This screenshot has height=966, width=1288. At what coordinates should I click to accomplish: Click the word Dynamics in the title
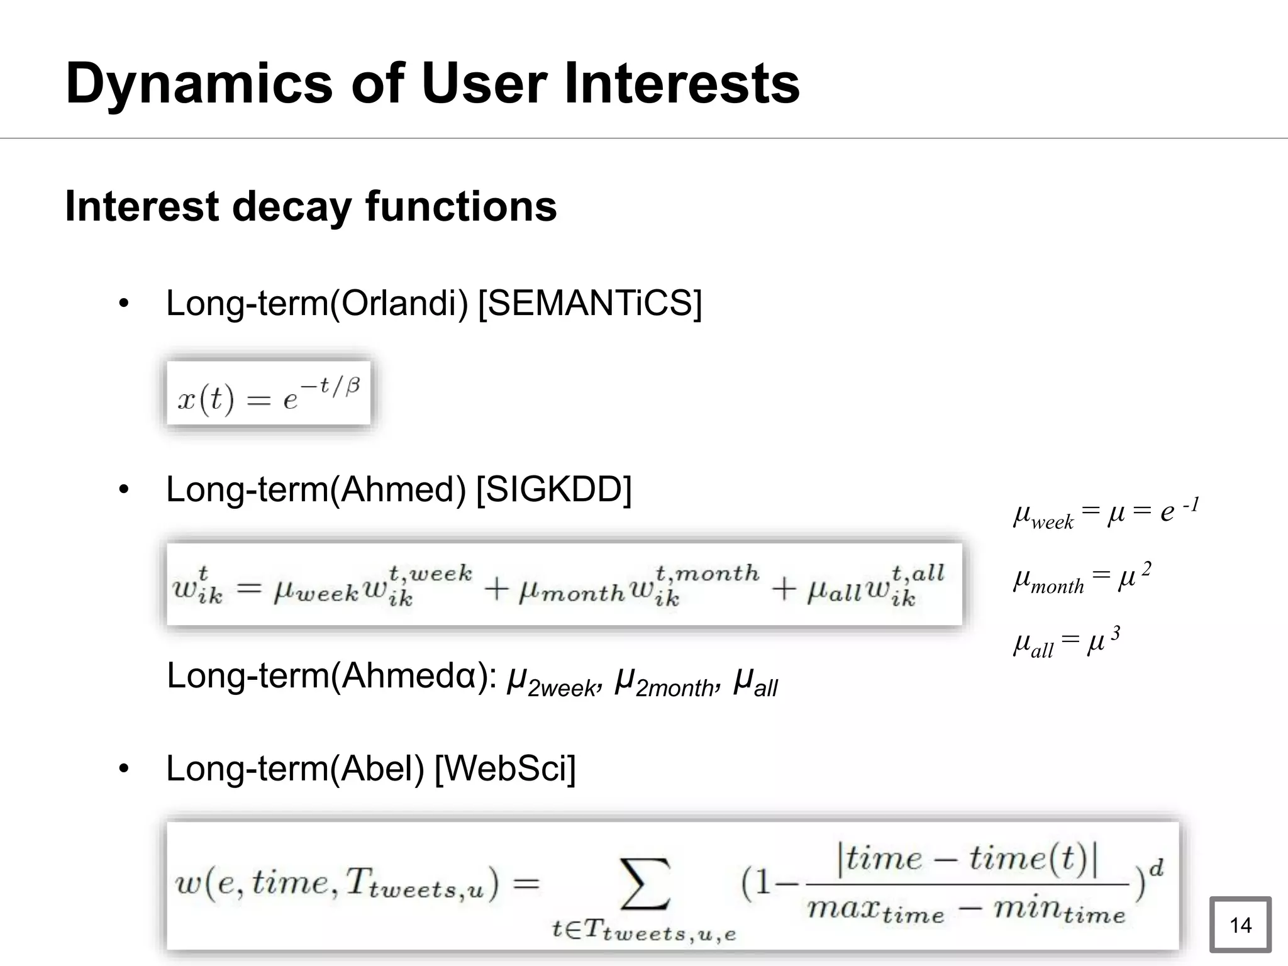pyautogui.click(x=199, y=84)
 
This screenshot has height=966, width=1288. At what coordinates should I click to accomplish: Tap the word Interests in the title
pyautogui.click(x=682, y=84)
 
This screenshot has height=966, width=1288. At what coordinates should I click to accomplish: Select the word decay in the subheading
pyautogui.click(x=292, y=206)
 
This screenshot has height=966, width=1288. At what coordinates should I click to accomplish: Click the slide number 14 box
pyautogui.click(x=1240, y=924)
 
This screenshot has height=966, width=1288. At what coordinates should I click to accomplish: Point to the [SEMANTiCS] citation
pyautogui.click(x=590, y=304)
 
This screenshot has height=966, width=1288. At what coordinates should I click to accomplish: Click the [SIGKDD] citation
pyautogui.click(x=553, y=489)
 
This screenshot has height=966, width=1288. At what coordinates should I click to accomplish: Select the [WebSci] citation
pyautogui.click(x=505, y=769)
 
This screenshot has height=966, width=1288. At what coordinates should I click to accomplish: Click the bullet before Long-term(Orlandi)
pyautogui.click(x=124, y=304)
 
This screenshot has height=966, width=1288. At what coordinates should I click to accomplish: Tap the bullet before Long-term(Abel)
pyautogui.click(x=124, y=769)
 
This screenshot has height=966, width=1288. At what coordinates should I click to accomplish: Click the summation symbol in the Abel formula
pyautogui.click(x=645, y=884)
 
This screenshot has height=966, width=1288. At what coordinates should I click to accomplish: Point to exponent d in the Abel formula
pyautogui.click(x=1156, y=869)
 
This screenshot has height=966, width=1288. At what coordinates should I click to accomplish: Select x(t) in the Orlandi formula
pyautogui.click(x=206, y=399)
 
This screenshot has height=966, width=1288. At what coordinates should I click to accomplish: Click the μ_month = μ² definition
pyautogui.click(x=1082, y=579)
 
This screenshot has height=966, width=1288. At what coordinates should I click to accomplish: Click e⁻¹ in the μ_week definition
pyautogui.click(x=1179, y=511)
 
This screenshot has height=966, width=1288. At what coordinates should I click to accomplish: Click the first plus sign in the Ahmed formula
pyautogui.click(x=496, y=589)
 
